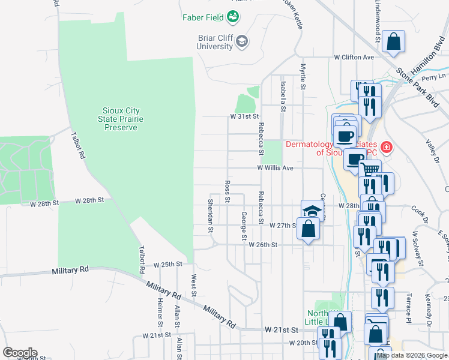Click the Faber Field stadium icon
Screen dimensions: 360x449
click(x=232, y=17)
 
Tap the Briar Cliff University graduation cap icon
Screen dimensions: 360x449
click(x=242, y=41)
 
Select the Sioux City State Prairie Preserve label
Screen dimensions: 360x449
click(x=125, y=119)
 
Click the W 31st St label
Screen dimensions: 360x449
click(x=244, y=116)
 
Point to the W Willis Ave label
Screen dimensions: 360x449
click(x=275, y=169)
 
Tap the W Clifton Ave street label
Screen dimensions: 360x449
click(x=354, y=57)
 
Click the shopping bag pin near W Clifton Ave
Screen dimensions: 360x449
click(x=394, y=42)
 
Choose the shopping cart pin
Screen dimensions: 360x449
click(x=370, y=170)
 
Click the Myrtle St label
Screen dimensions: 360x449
click(x=303, y=77)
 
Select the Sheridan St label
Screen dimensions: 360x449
click(x=210, y=215)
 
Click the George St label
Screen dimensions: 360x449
click(x=244, y=226)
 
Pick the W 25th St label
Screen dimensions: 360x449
click(x=167, y=264)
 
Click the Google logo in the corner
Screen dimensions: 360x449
click(x=19, y=353)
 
